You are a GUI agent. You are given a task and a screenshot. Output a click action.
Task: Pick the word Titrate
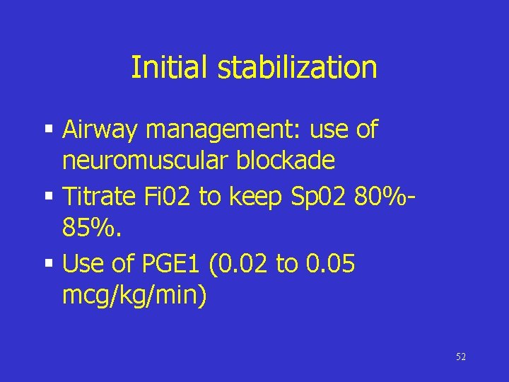98,197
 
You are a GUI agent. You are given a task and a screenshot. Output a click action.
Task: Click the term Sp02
308,197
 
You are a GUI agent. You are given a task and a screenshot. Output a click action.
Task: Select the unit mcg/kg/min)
135,296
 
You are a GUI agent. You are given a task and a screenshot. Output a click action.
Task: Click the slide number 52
461,357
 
